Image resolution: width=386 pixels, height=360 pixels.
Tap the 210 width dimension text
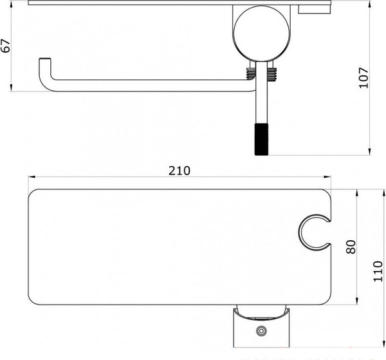coord(179,171)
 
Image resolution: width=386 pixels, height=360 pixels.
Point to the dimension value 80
coord(351,247)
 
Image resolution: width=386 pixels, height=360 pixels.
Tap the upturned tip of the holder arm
coord(44,63)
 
